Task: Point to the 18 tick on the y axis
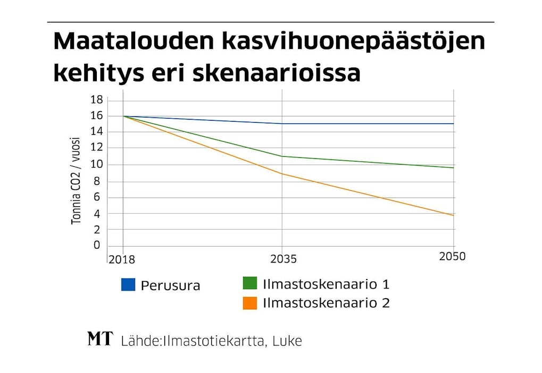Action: pyautogui.click(x=96, y=100)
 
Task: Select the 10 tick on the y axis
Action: pyautogui.click(x=96, y=165)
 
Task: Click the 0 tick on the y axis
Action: pyautogui.click(x=97, y=245)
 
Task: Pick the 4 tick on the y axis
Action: pyautogui.click(x=97, y=214)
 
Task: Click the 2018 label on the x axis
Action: pyautogui.click(x=122, y=260)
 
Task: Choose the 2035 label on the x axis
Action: pyautogui.click(x=283, y=260)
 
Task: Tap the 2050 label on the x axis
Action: pyautogui.click(x=452, y=257)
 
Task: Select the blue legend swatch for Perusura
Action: pyautogui.click(x=128, y=285)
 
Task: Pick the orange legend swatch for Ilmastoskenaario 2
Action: pyautogui.click(x=249, y=303)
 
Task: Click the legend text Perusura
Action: pyautogui.click(x=170, y=285)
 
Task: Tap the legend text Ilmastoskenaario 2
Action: pyautogui.click(x=326, y=303)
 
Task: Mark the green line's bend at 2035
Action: pyautogui.click(x=282, y=156)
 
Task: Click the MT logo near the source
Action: pyautogui.click(x=100, y=339)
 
